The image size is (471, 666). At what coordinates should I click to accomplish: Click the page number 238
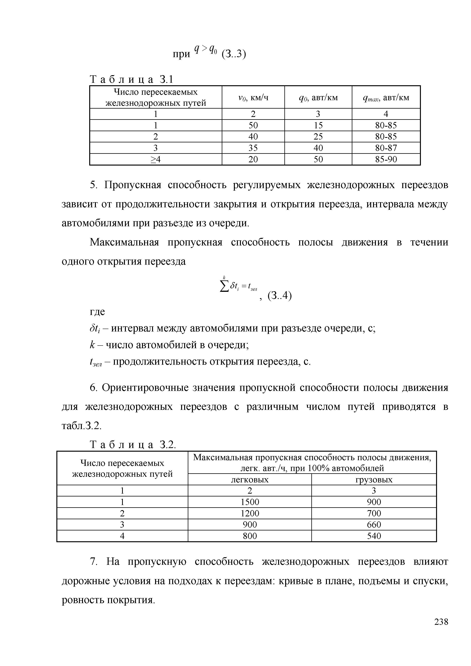pos(441,630)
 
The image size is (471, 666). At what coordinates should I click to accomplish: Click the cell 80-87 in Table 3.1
pos(386,148)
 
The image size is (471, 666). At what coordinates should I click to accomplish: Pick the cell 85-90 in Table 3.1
pos(386,159)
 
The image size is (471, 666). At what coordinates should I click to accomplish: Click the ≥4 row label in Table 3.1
pos(155,159)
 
